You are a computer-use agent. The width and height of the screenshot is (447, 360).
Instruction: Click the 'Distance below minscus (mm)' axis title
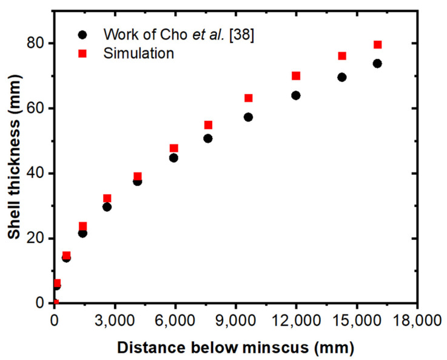click(235, 348)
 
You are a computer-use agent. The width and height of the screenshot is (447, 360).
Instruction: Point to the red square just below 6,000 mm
click(174, 148)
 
